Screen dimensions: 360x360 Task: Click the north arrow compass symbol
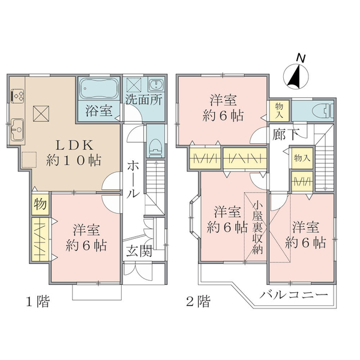tap(296, 77)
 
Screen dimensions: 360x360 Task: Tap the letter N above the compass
tap(301, 58)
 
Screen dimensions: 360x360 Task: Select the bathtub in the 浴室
tap(99, 88)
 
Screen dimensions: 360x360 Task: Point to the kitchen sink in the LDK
tap(17, 130)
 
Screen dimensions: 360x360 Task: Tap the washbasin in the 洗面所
tap(157, 85)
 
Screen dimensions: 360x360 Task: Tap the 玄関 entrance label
tap(139, 251)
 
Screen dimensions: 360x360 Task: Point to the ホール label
tap(133, 179)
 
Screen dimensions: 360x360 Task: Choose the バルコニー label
tap(293, 295)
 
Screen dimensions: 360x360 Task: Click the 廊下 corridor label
tap(286, 134)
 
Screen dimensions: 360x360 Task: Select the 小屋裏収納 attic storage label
tap(257, 228)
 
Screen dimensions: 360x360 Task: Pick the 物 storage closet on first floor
tap(40, 204)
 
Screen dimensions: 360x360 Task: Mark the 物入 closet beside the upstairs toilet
tap(279, 110)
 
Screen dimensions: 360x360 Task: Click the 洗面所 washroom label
tap(144, 100)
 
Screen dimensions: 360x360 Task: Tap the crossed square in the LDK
tap(41, 113)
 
